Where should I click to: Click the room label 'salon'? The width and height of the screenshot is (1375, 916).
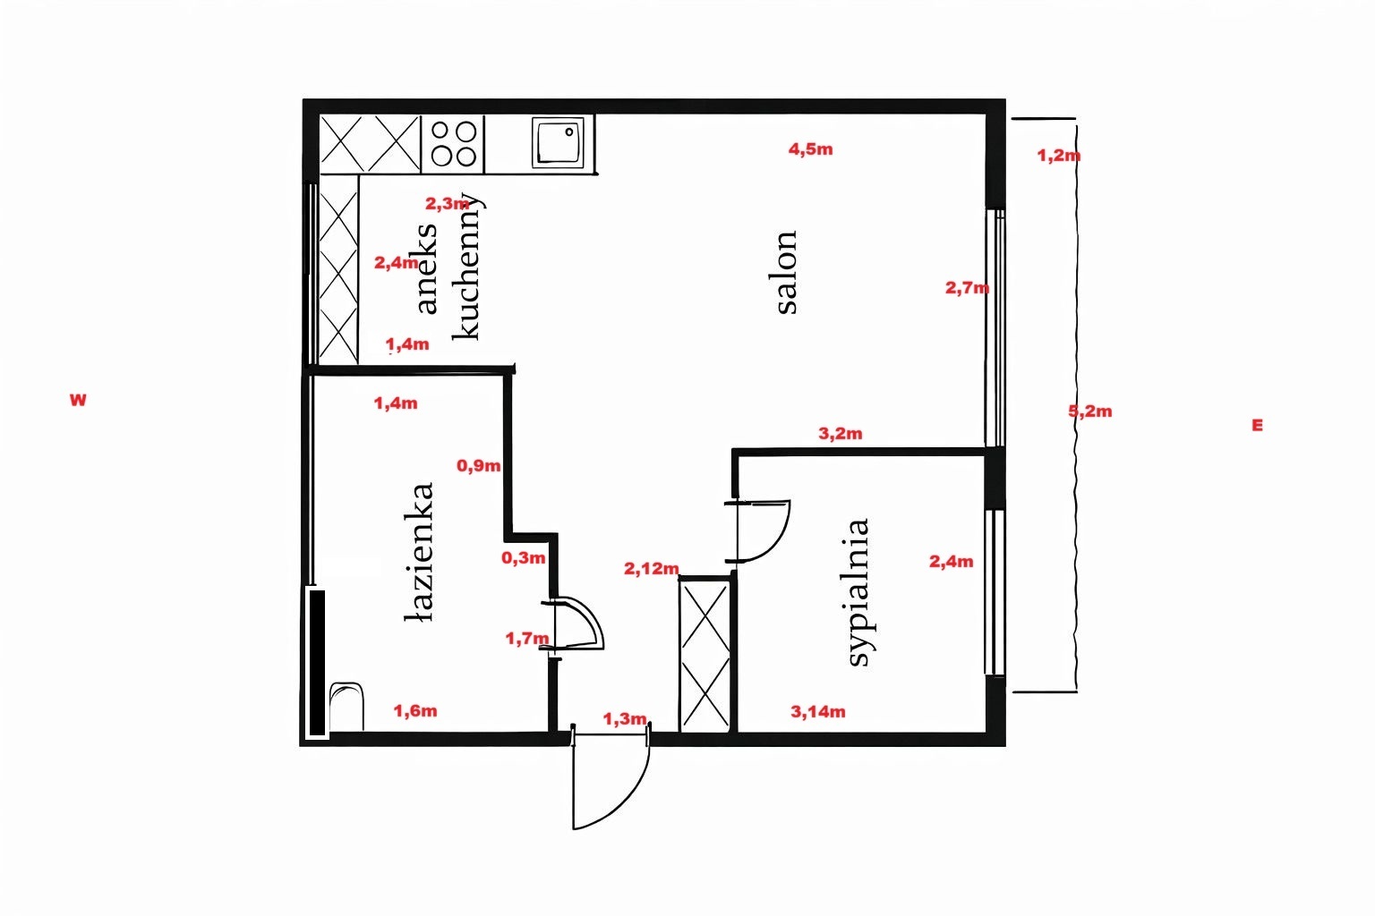tap(786, 273)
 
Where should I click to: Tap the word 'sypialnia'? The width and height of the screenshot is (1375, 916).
tap(858, 593)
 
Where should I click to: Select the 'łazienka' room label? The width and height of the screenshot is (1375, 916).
tap(420, 552)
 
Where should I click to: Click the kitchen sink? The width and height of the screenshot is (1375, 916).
tap(558, 142)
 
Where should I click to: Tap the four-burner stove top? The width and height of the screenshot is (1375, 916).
tap(453, 143)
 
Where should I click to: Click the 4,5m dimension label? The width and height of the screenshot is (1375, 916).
tap(810, 149)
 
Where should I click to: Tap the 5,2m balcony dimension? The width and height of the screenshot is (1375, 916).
tap(1090, 411)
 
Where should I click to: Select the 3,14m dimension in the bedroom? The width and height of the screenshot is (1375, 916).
tap(817, 712)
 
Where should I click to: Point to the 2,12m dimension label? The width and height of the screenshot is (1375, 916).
tap(652, 569)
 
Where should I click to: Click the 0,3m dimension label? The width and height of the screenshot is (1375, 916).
tap(523, 557)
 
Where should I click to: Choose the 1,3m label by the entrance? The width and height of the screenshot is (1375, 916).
tap(624, 718)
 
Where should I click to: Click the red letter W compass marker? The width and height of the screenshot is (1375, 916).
tap(78, 400)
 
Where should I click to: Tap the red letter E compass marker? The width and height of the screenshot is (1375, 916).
tap(1257, 425)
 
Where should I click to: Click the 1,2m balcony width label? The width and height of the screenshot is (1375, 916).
tap(1059, 156)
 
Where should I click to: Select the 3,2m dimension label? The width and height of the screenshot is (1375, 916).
tap(840, 434)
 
